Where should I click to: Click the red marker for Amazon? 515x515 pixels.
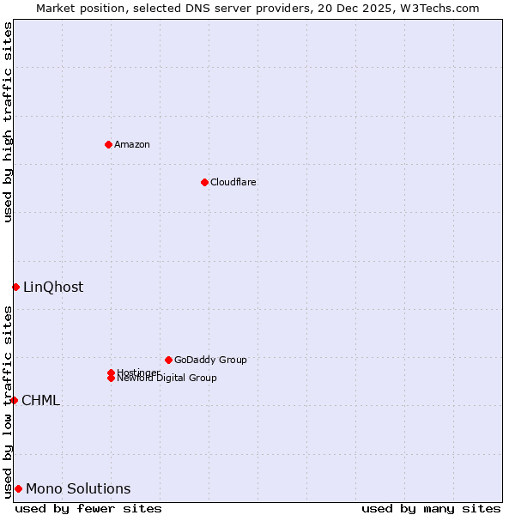coord(108,144)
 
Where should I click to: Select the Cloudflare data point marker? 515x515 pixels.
coord(204,182)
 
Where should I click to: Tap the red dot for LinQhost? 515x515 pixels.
coord(15,287)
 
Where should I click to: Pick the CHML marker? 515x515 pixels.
coord(14,400)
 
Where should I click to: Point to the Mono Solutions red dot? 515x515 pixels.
coord(18,488)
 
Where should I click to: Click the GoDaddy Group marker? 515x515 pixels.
coord(168,360)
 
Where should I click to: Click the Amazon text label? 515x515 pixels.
coord(132,144)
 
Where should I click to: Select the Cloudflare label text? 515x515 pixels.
coord(233,182)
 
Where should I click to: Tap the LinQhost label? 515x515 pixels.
coord(53,287)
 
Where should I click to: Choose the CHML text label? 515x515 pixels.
coord(40,400)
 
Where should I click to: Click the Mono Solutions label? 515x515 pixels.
coord(78,488)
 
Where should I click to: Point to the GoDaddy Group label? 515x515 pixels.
coord(210,360)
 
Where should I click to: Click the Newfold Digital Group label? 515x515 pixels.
coord(167,379)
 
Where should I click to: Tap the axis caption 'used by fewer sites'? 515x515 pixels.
coord(88,508)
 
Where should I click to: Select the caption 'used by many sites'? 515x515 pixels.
coord(431,508)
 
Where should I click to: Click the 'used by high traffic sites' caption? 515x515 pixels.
coord(8,122)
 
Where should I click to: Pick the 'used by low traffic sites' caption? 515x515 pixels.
coord(8,402)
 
